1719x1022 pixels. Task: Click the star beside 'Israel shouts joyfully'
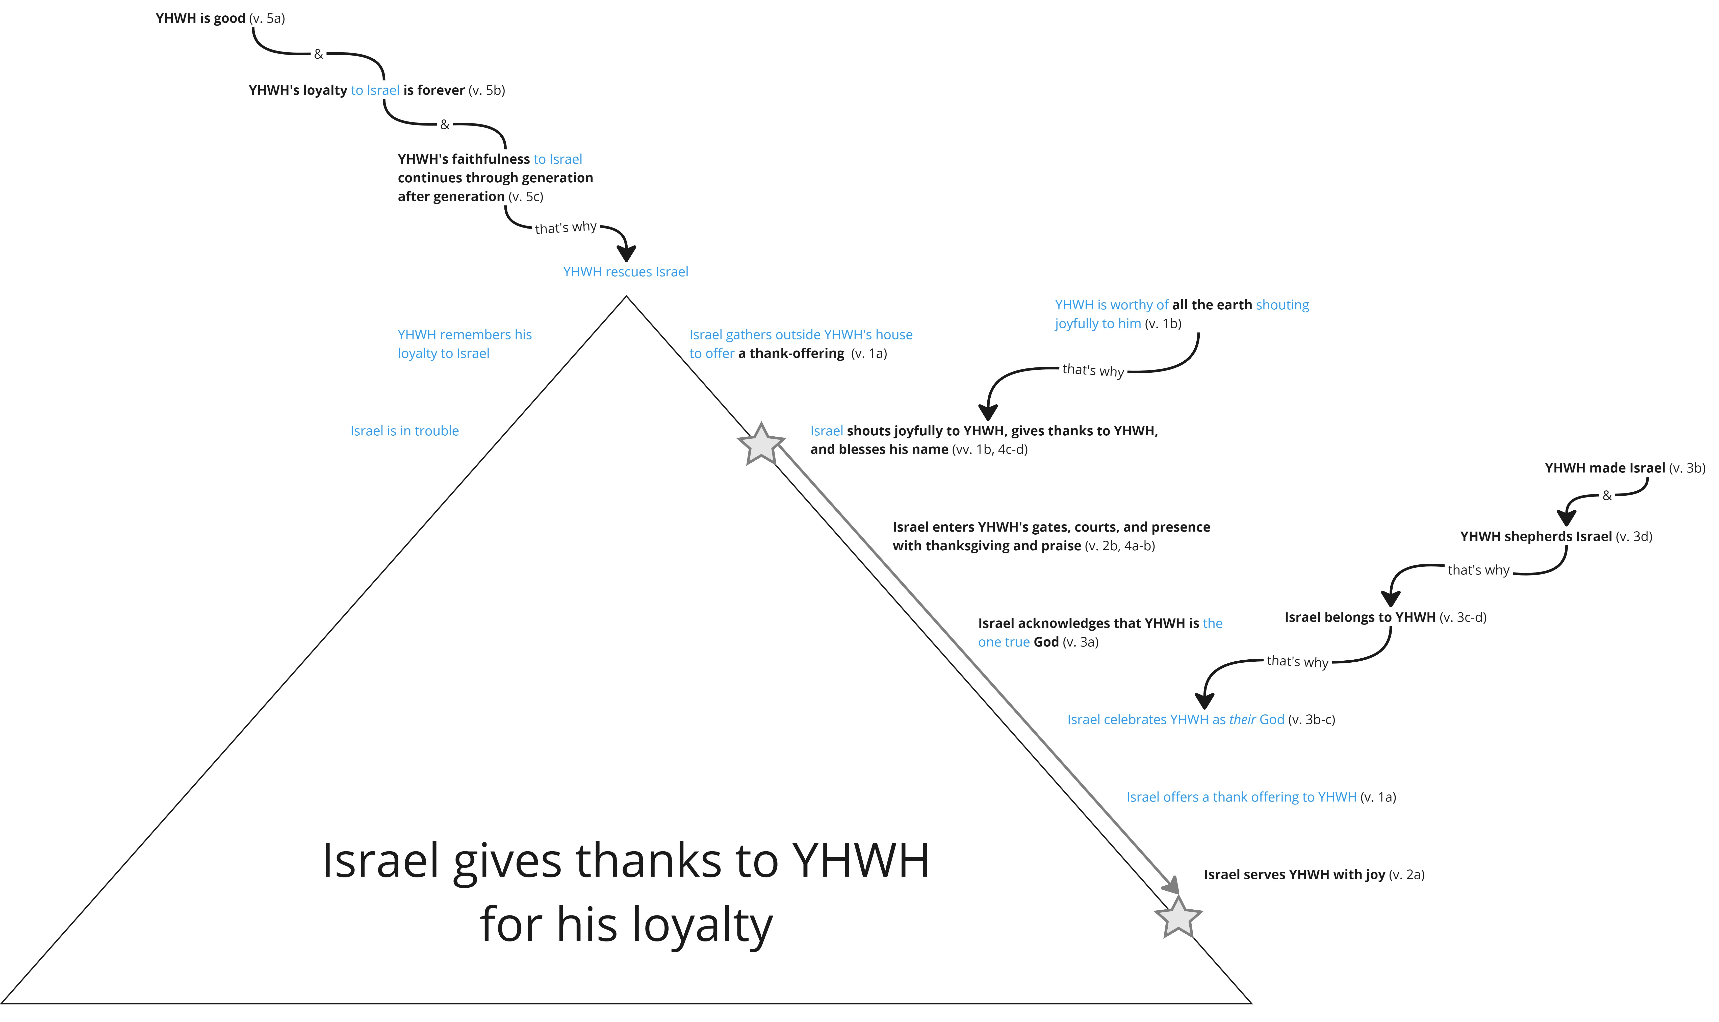(x=761, y=444)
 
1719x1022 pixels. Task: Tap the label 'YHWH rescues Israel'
(x=625, y=272)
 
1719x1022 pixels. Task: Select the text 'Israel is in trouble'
(x=404, y=431)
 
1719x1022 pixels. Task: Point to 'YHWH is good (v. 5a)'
(x=220, y=19)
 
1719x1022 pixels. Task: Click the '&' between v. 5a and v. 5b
(x=318, y=54)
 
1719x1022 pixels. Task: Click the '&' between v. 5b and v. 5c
(x=445, y=125)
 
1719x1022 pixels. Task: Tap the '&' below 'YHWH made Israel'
(x=1607, y=496)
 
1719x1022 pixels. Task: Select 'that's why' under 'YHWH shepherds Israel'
(x=1478, y=570)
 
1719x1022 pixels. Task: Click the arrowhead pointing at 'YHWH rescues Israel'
(x=626, y=252)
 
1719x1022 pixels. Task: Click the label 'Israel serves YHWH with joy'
(x=1294, y=875)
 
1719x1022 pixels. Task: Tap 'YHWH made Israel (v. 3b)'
(x=1625, y=468)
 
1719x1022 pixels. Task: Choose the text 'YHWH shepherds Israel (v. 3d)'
(x=1556, y=536)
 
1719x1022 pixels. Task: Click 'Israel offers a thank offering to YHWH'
(x=1241, y=797)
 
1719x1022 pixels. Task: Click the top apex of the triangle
(x=626, y=297)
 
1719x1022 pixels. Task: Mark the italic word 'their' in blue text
(x=1243, y=720)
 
